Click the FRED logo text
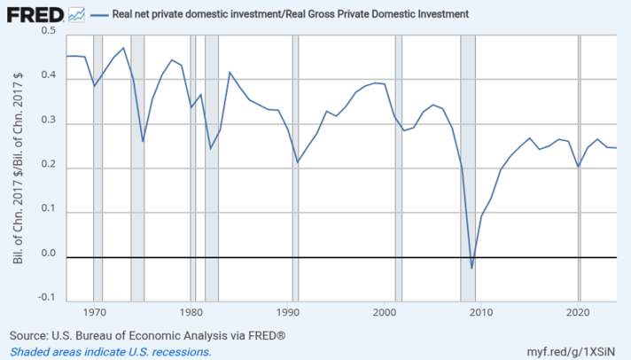point(35,15)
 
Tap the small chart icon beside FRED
point(76,15)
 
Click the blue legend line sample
point(99,15)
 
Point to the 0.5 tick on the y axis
point(48,31)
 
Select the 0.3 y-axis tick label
point(48,121)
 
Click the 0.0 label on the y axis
point(48,253)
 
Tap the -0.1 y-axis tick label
point(46,297)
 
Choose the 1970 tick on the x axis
point(95,312)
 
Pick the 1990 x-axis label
point(288,312)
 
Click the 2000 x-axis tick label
point(386,312)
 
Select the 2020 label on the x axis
point(579,312)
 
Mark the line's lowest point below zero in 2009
point(472,268)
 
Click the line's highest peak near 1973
point(123,48)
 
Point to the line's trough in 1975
point(143,141)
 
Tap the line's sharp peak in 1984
point(230,73)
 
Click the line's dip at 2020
point(579,167)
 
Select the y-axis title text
point(18,168)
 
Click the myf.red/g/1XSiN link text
point(571,351)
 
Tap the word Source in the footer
point(27,335)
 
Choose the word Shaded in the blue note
point(27,351)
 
